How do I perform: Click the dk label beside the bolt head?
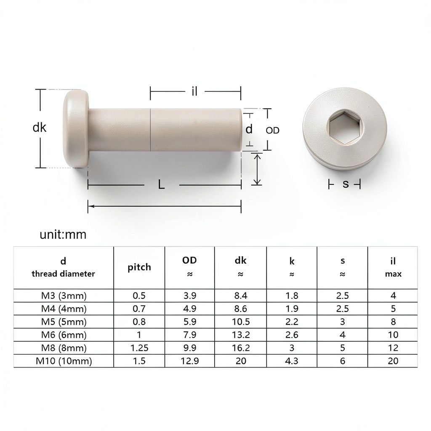click(x=39, y=128)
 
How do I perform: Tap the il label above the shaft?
click(x=194, y=91)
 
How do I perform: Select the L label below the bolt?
click(x=161, y=184)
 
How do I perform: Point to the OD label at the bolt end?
click(x=272, y=130)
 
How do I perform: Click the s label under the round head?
click(x=346, y=184)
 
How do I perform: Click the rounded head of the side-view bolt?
click(x=76, y=129)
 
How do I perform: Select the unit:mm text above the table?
click(x=63, y=234)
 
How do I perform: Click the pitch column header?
click(x=139, y=267)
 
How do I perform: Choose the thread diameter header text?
click(x=63, y=274)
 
